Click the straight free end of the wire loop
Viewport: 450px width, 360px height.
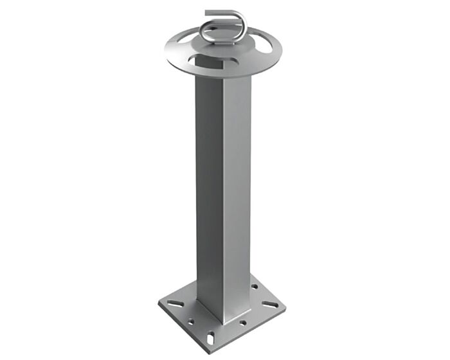click(x=216, y=12)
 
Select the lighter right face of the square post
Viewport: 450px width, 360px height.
click(x=236, y=193)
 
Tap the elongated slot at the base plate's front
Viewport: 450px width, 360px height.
click(x=212, y=336)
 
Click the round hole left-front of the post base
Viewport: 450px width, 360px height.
click(x=191, y=321)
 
